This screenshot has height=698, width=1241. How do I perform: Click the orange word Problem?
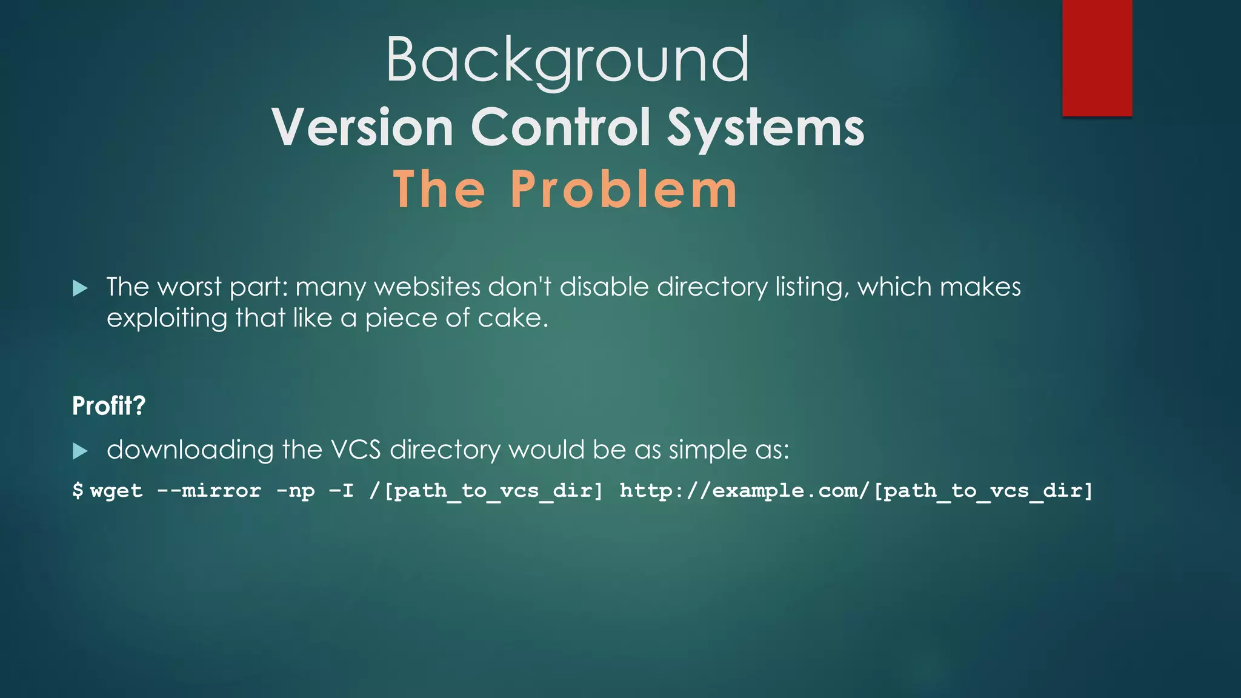pyautogui.click(x=624, y=189)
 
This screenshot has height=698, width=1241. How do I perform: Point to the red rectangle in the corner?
pyautogui.click(x=1097, y=58)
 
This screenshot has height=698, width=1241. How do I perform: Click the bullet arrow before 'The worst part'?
pyautogui.click(x=80, y=288)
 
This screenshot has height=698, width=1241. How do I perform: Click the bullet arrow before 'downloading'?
pyautogui.click(x=80, y=451)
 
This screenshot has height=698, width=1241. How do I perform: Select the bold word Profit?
pyautogui.click(x=109, y=405)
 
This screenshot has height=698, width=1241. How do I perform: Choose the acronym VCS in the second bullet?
pyautogui.click(x=356, y=450)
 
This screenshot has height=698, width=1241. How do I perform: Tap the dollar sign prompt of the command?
pyautogui.click(x=78, y=490)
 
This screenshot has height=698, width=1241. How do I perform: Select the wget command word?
pyautogui.click(x=116, y=490)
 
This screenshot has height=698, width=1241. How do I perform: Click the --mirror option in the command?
pyautogui.click(x=209, y=490)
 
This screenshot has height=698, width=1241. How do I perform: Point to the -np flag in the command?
pyautogui.click(x=295, y=490)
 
